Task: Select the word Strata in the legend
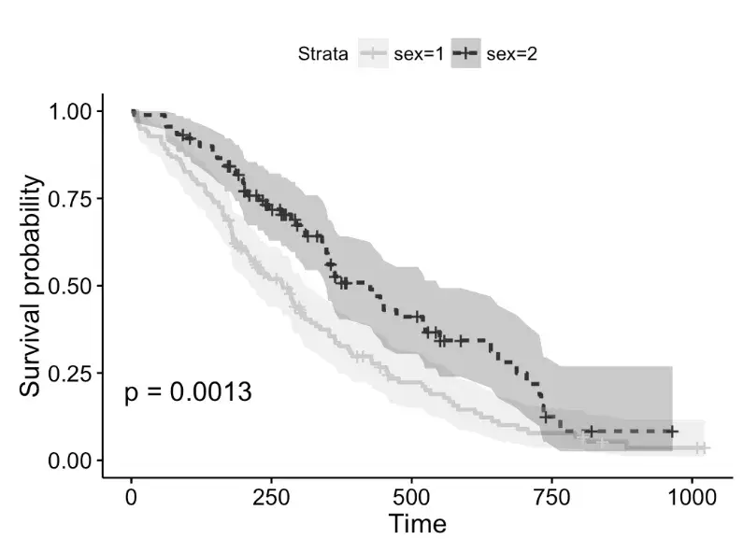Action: click(323, 54)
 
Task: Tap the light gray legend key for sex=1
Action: click(374, 54)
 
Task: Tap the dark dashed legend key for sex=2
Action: click(466, 54)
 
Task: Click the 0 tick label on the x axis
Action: click(131, 495)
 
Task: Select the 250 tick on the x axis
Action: click(271, 495)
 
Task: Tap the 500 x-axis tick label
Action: click(411, 495)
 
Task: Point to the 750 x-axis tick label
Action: click(551, 495)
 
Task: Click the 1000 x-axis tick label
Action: click(692, 495)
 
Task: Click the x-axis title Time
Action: click(417, 523)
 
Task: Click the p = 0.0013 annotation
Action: click(187, 392)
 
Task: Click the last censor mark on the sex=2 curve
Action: click(671, 432)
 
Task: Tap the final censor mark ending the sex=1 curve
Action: click(701, 448)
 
